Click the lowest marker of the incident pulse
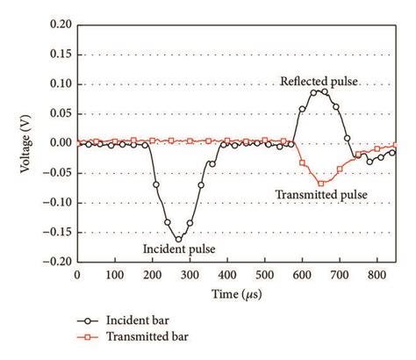point(178,239)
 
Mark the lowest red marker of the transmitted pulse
point(321,184)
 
